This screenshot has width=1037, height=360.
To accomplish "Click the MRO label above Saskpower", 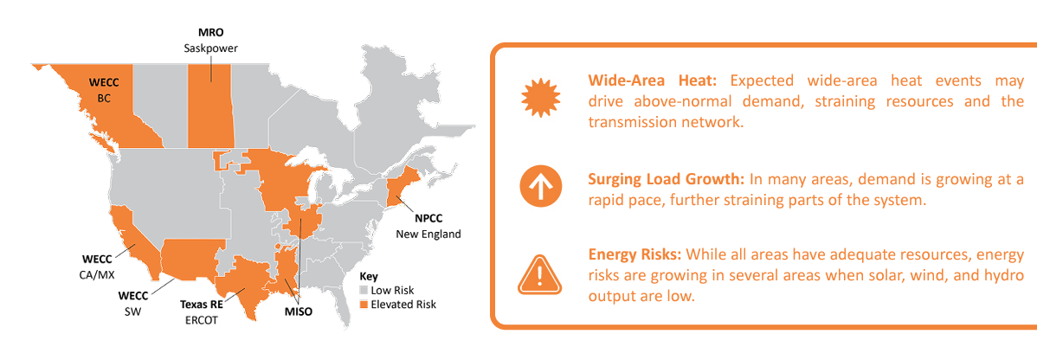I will coord(211,33).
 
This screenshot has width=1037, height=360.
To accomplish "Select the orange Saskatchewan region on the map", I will coord(210,108).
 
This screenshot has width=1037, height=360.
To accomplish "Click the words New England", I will coord(428,235).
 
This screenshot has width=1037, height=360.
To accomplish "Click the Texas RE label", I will coord(202,305).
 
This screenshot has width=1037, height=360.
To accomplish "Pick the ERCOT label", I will coord(201,319).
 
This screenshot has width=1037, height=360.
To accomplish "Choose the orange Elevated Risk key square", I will coord(364,305).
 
